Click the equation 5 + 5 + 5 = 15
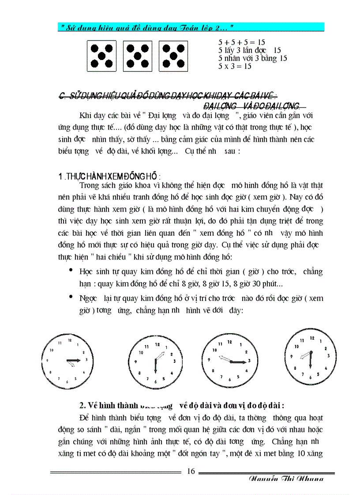pyautogui.click(x=242, y=43)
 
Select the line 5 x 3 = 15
pyautogui.click(x=235, y=66)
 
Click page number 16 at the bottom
pyautogui.click(x=191, y=471)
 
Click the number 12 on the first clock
pyautogui.click(x=69, y=340)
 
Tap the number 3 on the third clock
pyautogui.click(x=249, y=361)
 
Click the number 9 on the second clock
pyautogui.click(x=136, y=362)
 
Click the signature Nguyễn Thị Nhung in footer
pyautogui.click(x=285, y=479)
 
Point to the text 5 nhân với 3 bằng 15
pyautogui.click(x=253, y=58)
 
